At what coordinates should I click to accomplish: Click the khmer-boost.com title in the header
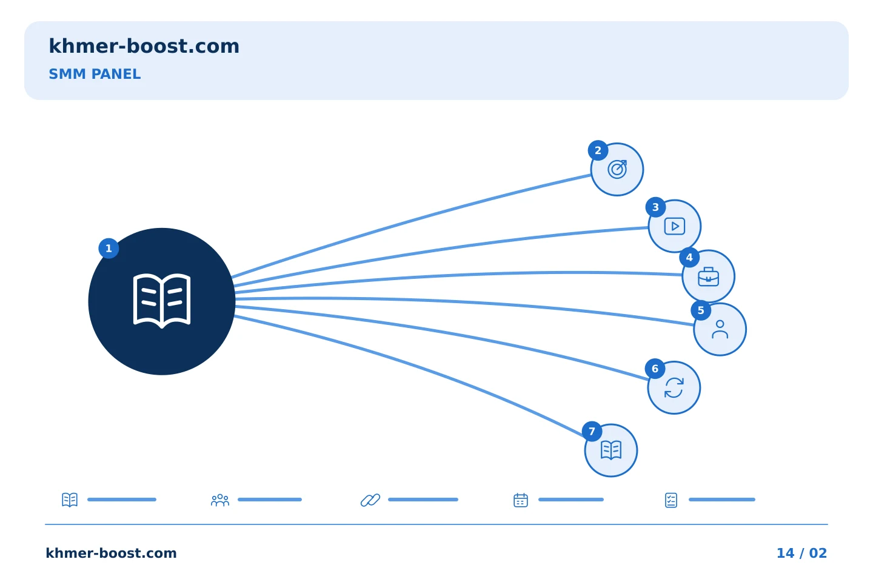144,46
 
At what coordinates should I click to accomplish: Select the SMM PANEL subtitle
95,74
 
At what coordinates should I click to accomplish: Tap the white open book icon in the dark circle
162,301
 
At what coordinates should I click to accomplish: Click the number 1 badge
109,249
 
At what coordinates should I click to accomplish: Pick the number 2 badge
598,150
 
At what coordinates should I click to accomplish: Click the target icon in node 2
617,170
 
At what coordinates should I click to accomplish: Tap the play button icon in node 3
675,227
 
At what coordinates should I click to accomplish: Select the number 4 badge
689,258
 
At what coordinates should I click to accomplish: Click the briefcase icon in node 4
709,277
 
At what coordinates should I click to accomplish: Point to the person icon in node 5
720,329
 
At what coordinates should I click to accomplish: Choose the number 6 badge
655,369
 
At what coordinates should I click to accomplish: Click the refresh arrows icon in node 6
674,388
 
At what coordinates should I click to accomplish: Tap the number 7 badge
592,431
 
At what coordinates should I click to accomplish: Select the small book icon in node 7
611,450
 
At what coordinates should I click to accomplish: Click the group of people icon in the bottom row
220,500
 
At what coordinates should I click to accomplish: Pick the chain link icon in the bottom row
370,500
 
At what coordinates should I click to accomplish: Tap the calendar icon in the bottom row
521,500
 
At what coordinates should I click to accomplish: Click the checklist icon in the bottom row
671,500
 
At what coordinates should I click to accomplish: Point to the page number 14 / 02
801,553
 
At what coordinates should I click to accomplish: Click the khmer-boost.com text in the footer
111,553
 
